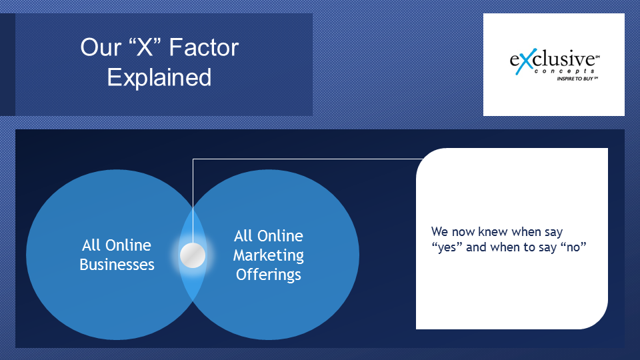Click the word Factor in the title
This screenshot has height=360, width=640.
[x=204, y=47]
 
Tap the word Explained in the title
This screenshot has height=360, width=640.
[x=159, y=77]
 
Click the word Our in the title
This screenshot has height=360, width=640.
[x=101, y=47]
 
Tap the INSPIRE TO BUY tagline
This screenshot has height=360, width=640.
[x=576, y=79]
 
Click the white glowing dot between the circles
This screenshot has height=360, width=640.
[x=193, y=255]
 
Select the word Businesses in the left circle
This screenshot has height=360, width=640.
[x=117, y=265]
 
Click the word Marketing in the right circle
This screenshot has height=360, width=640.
[x=268, y=255]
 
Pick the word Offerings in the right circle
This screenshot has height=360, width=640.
[x=269, y=275]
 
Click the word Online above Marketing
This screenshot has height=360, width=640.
[x=280, y=236]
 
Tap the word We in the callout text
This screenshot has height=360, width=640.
[x=439, y=232]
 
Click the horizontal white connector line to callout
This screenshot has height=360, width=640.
[x=308, y=159]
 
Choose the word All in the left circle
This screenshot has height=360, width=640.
[x=91, y=245]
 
